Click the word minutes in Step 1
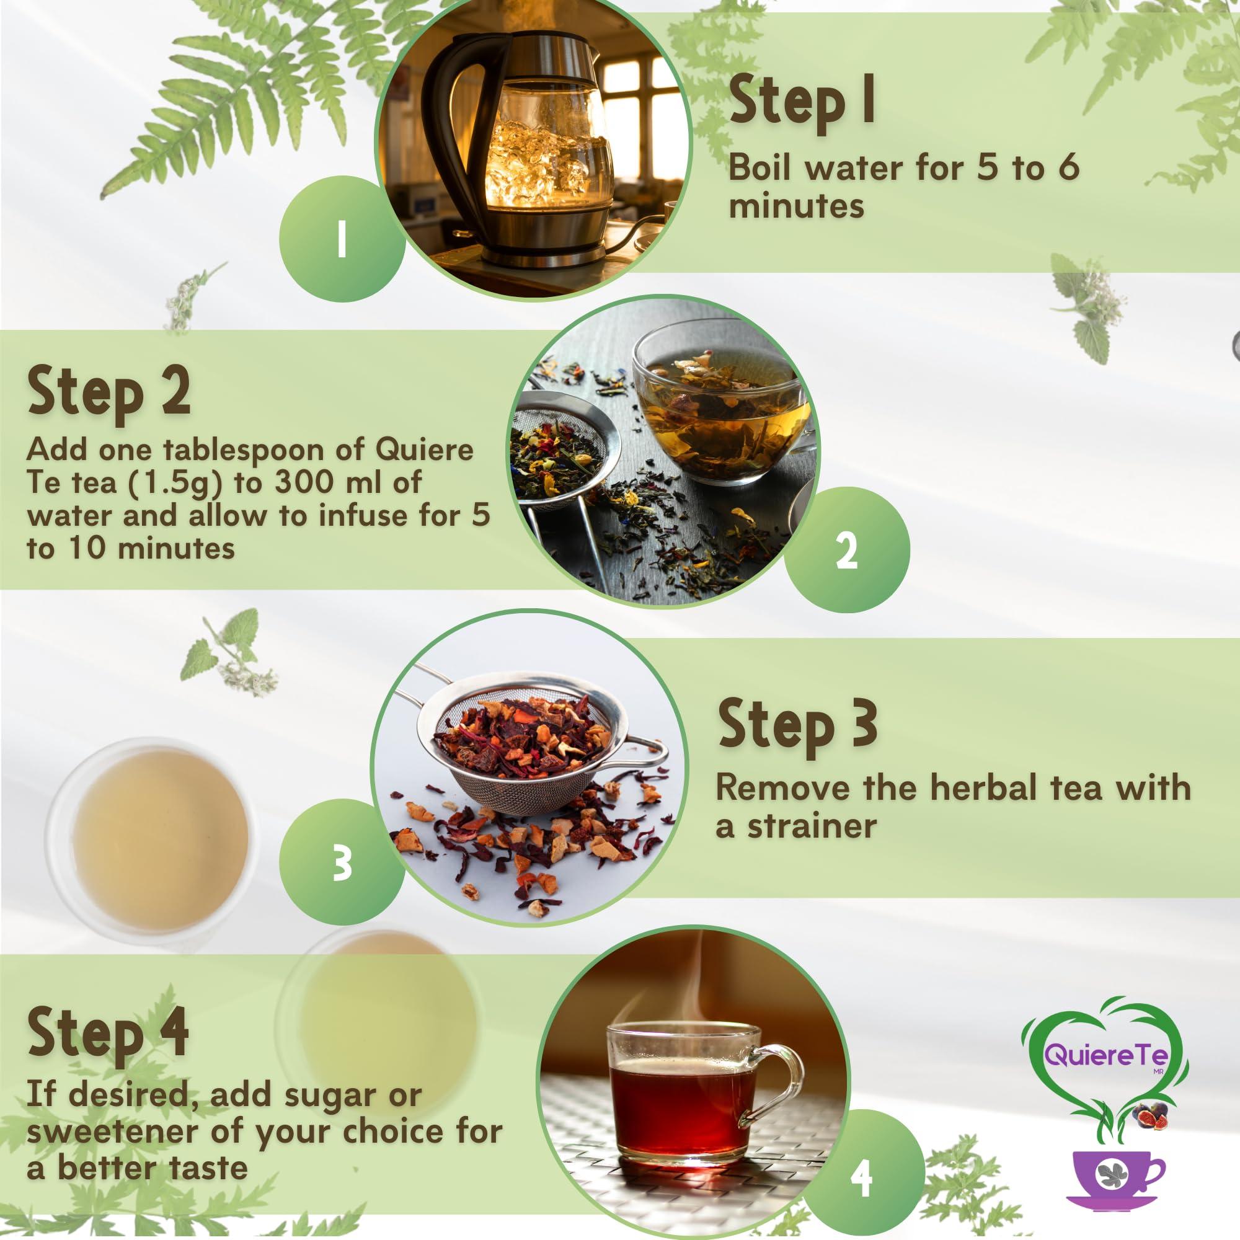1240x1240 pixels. (796, 206)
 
